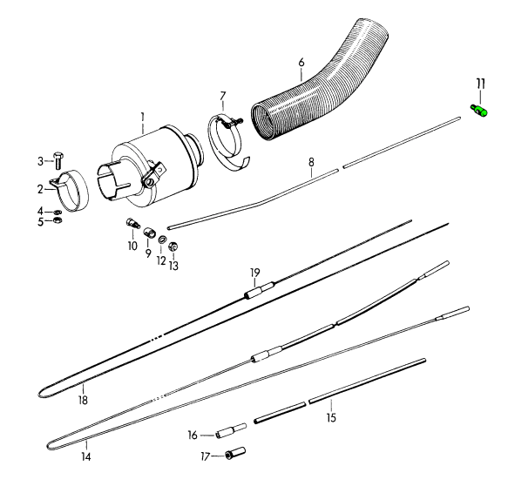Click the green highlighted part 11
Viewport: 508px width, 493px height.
(479, 111)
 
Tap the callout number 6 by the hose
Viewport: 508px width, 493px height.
(301, 62)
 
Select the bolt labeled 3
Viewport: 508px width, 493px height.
(58, 160)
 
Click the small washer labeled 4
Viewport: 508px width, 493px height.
(58, 213)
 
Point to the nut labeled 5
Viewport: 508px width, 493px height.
(58, 220)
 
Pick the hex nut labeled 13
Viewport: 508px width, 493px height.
(173, 246)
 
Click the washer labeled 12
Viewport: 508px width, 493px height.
(162, 240)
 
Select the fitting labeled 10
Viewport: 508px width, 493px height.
(132, 223)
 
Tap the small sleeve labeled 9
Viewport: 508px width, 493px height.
(149, 233)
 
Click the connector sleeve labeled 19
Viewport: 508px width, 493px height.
(259, 290)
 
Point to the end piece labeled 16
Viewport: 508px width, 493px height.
(231, 431)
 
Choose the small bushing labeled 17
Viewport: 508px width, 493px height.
(235, 453)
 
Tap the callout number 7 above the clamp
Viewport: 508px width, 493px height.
(223, 97)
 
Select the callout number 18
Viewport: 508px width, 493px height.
(83, 401)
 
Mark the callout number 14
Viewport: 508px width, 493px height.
(86, 456)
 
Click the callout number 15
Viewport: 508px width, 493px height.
(331, 418)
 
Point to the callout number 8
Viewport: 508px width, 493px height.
(311, 162)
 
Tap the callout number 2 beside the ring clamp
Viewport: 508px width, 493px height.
(40, 189)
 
